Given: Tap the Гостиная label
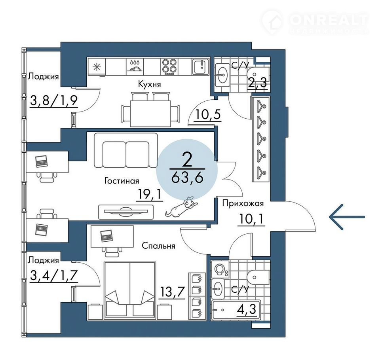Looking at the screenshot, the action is tap(122, 181).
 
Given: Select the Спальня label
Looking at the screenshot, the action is tap(158, 246).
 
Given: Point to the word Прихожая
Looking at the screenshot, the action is tap(243, 203).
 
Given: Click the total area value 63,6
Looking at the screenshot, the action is tap(187, 178).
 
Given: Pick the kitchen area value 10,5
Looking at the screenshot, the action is tap(208, 114).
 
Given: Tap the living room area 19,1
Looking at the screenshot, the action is tap(150, 194).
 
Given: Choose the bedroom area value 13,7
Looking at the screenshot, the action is tap(172, 292).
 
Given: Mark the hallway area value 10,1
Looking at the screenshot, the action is tap(251, 220).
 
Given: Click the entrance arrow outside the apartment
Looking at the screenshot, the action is tap(347, 217).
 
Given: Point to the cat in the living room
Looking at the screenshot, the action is tap(182, 207).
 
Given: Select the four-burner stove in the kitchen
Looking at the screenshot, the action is tap(169, 66).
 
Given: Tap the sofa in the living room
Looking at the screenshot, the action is tap(126, 150).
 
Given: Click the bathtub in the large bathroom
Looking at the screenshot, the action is tap(236, 310).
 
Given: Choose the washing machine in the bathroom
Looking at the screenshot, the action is tap(220, 269).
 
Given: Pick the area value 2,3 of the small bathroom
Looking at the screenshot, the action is tap(257, 83).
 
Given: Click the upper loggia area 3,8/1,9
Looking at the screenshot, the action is tap(54, 100).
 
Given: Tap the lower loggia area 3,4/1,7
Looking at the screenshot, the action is tap(54, 276).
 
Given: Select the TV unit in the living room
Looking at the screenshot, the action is tap(126, 212).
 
